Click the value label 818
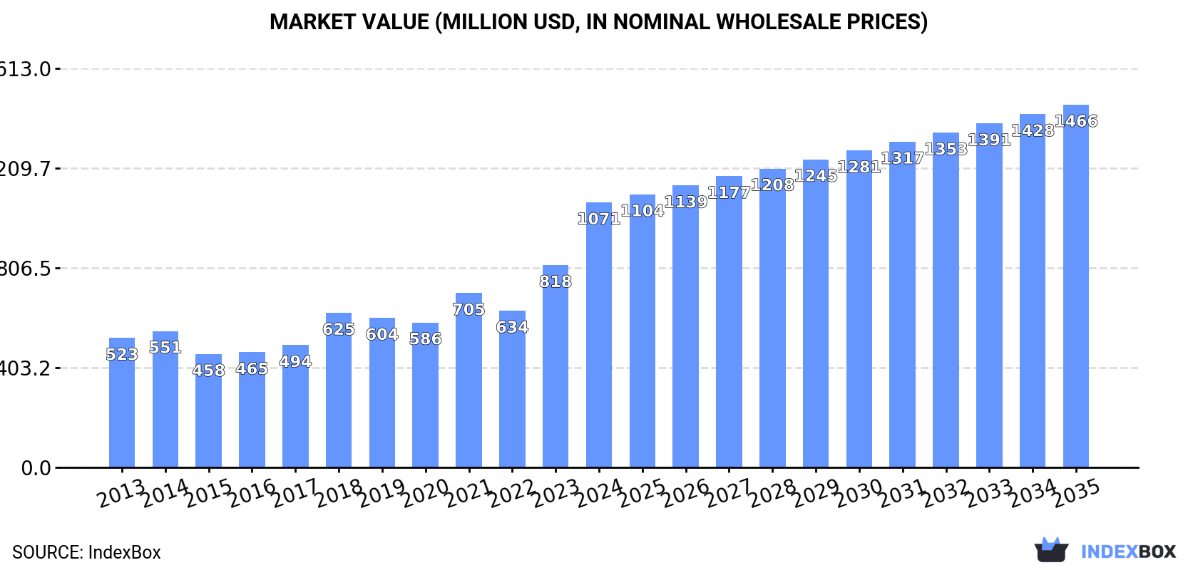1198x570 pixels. coord(556,281)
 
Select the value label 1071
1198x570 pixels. coord(599,219)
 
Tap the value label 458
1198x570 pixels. coord(208,370)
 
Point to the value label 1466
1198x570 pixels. coord(1076,121)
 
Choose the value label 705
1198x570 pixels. coord(469,309)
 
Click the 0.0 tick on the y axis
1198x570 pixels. coord(36,468)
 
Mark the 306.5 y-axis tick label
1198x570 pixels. coord(26,269)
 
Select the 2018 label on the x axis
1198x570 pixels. coord(339,492)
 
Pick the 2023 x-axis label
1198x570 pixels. coord(556,492)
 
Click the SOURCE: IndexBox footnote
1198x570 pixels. coord(86,552)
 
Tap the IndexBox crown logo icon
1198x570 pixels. coord(1051,550)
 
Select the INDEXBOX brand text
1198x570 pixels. coord(1128,551)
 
